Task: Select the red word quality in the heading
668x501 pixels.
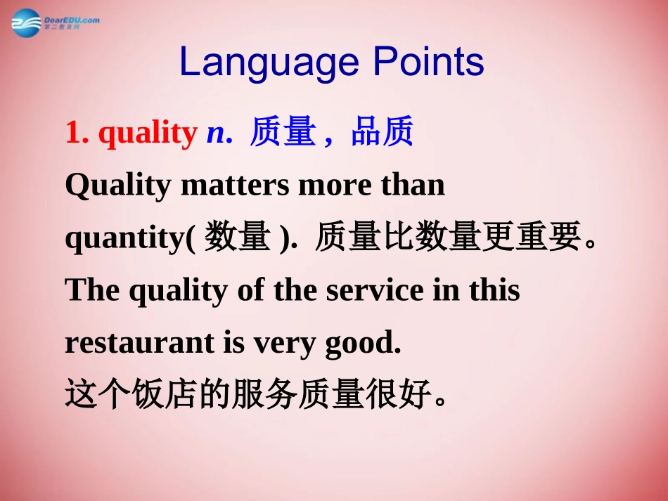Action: pyautogui.click(x=148, y=134)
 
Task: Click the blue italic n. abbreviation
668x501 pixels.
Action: pyautogui.click(x=219, y=134)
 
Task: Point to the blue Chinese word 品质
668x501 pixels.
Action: pyautogui.click(x=382, y=133)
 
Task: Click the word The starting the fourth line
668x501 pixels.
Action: pyautogui.click(x=87, y=290)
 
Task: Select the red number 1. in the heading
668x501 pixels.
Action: pyautogui.click(x=77, y=134)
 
